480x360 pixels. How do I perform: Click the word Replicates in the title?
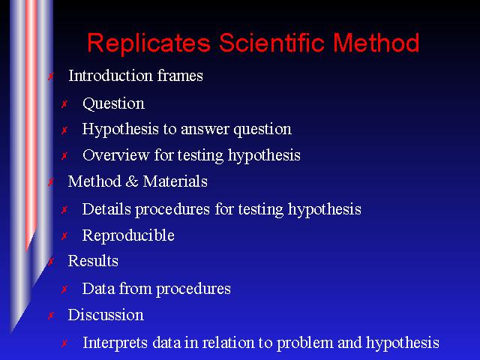point(149,43)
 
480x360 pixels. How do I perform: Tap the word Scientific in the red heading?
point(271,42)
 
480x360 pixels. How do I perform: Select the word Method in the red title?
point(376,42)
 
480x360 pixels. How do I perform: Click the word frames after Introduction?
point(180,75)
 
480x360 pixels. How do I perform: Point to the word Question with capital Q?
point(113,104)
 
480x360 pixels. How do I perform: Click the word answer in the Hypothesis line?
point(205,130)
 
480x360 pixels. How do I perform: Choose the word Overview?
point(116,155)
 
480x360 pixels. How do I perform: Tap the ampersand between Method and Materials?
point(132,181)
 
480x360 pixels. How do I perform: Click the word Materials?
point(175,181)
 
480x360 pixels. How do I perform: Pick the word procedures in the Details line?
point(172,210)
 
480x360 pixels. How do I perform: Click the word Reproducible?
point(128,235)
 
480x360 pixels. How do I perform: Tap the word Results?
point(93,261)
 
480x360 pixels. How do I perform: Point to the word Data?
point(98,289)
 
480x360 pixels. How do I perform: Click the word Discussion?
point(106,315)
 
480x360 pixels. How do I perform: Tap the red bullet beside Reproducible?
point(64,236)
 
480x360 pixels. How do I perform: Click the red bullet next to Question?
point(64,104)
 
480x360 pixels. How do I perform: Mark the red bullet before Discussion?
point(51,315)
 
